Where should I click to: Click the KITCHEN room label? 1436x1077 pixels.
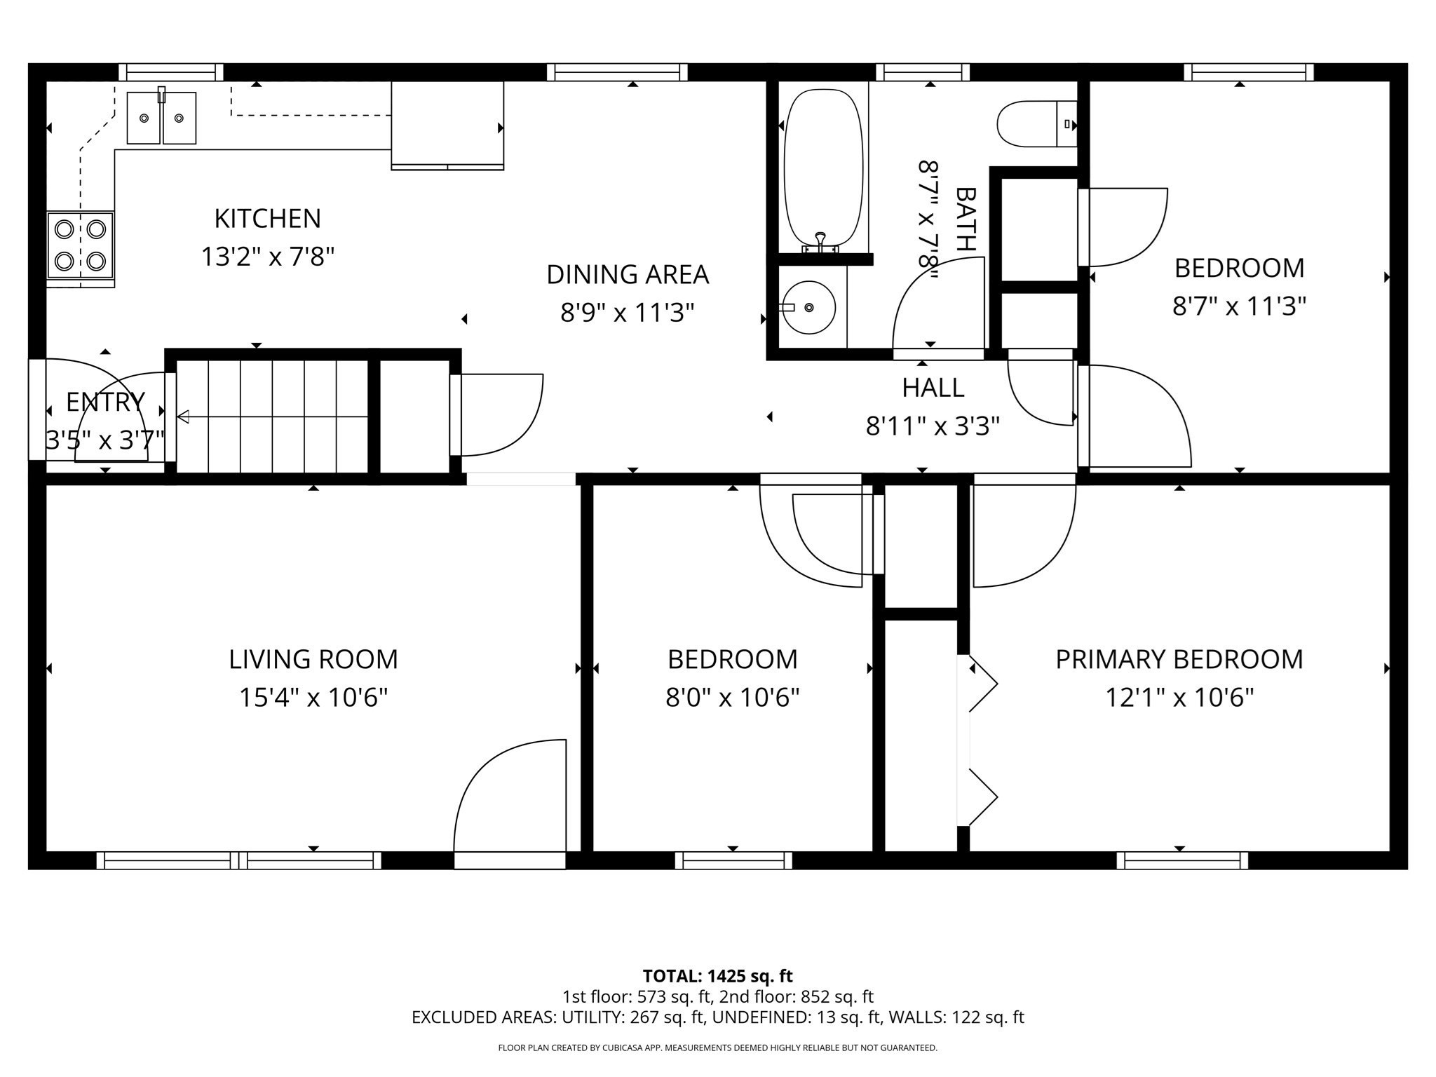[267, 219]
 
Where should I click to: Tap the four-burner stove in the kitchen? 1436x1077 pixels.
[80, 245]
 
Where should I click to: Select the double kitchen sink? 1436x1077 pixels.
[161, 118]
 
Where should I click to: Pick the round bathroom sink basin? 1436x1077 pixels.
[809, 307]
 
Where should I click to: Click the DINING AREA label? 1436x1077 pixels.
[628, 274]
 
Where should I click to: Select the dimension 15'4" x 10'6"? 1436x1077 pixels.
[313, 698]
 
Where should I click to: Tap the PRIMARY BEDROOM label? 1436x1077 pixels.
[1179, 659]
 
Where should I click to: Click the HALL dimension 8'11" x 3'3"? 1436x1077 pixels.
[933, 426]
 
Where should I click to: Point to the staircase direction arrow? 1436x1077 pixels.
[184, 417]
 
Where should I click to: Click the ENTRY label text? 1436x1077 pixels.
[105, 402]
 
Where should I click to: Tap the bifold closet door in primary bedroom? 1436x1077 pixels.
[978, 740]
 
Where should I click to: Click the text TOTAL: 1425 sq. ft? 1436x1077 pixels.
[717, 976]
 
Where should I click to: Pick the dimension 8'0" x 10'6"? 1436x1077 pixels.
[732, 698]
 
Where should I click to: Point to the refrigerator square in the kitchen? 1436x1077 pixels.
[447, 125]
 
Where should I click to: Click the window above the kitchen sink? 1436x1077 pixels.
[170, 72]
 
